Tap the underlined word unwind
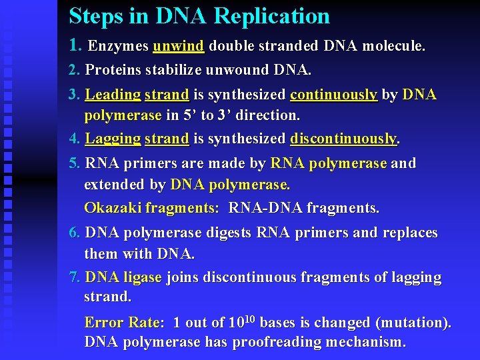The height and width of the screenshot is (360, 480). (178, 46)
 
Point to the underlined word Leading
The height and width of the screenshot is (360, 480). (113, 95)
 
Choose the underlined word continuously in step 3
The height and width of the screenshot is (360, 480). (334, 95)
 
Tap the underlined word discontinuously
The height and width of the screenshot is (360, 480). (344, 139)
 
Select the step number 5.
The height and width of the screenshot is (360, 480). (75, 163)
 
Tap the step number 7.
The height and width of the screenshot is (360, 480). (75, 277)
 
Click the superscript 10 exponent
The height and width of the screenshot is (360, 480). (249, 319)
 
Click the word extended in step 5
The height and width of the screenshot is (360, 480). (112, 184)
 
